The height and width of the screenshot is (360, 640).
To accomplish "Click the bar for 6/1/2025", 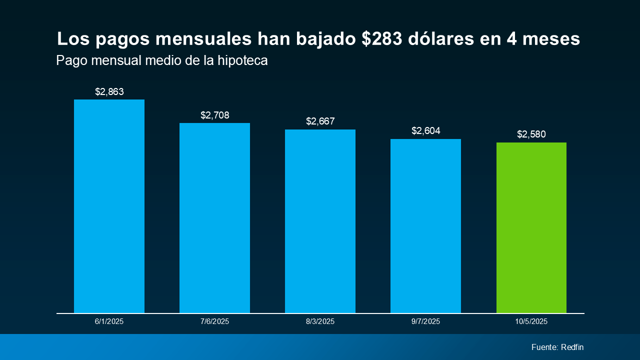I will tap(109, 206).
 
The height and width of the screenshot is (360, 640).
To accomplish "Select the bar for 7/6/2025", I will tap(214, 218).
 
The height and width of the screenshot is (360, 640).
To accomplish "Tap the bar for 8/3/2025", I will tap(320, 221).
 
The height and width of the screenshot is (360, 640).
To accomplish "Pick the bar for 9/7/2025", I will tap(425, 226).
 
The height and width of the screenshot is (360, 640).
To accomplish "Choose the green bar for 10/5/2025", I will tap(531, 227).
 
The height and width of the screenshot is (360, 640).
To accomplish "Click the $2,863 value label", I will tap(109, 92).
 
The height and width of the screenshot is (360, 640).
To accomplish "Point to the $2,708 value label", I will tap(214, 115).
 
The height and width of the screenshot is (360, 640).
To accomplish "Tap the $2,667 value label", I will tap(320, 121).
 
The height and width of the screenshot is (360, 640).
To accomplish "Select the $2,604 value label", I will tap(425, 131).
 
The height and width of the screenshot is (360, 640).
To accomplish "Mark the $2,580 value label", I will tap(531, 134).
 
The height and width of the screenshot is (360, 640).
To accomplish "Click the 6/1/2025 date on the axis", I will tap(109, 321).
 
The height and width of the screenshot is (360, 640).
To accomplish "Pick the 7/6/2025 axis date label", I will tap(214, 321).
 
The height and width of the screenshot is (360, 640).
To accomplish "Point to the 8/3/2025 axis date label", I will tap(320, 321).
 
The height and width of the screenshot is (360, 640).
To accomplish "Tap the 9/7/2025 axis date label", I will tap(425, 321).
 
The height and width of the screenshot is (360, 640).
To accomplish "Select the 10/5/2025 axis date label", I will tap(531, 321).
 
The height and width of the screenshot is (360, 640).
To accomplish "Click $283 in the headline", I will tap(382, 39).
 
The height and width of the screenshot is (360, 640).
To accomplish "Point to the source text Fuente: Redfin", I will tap(557, 347).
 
